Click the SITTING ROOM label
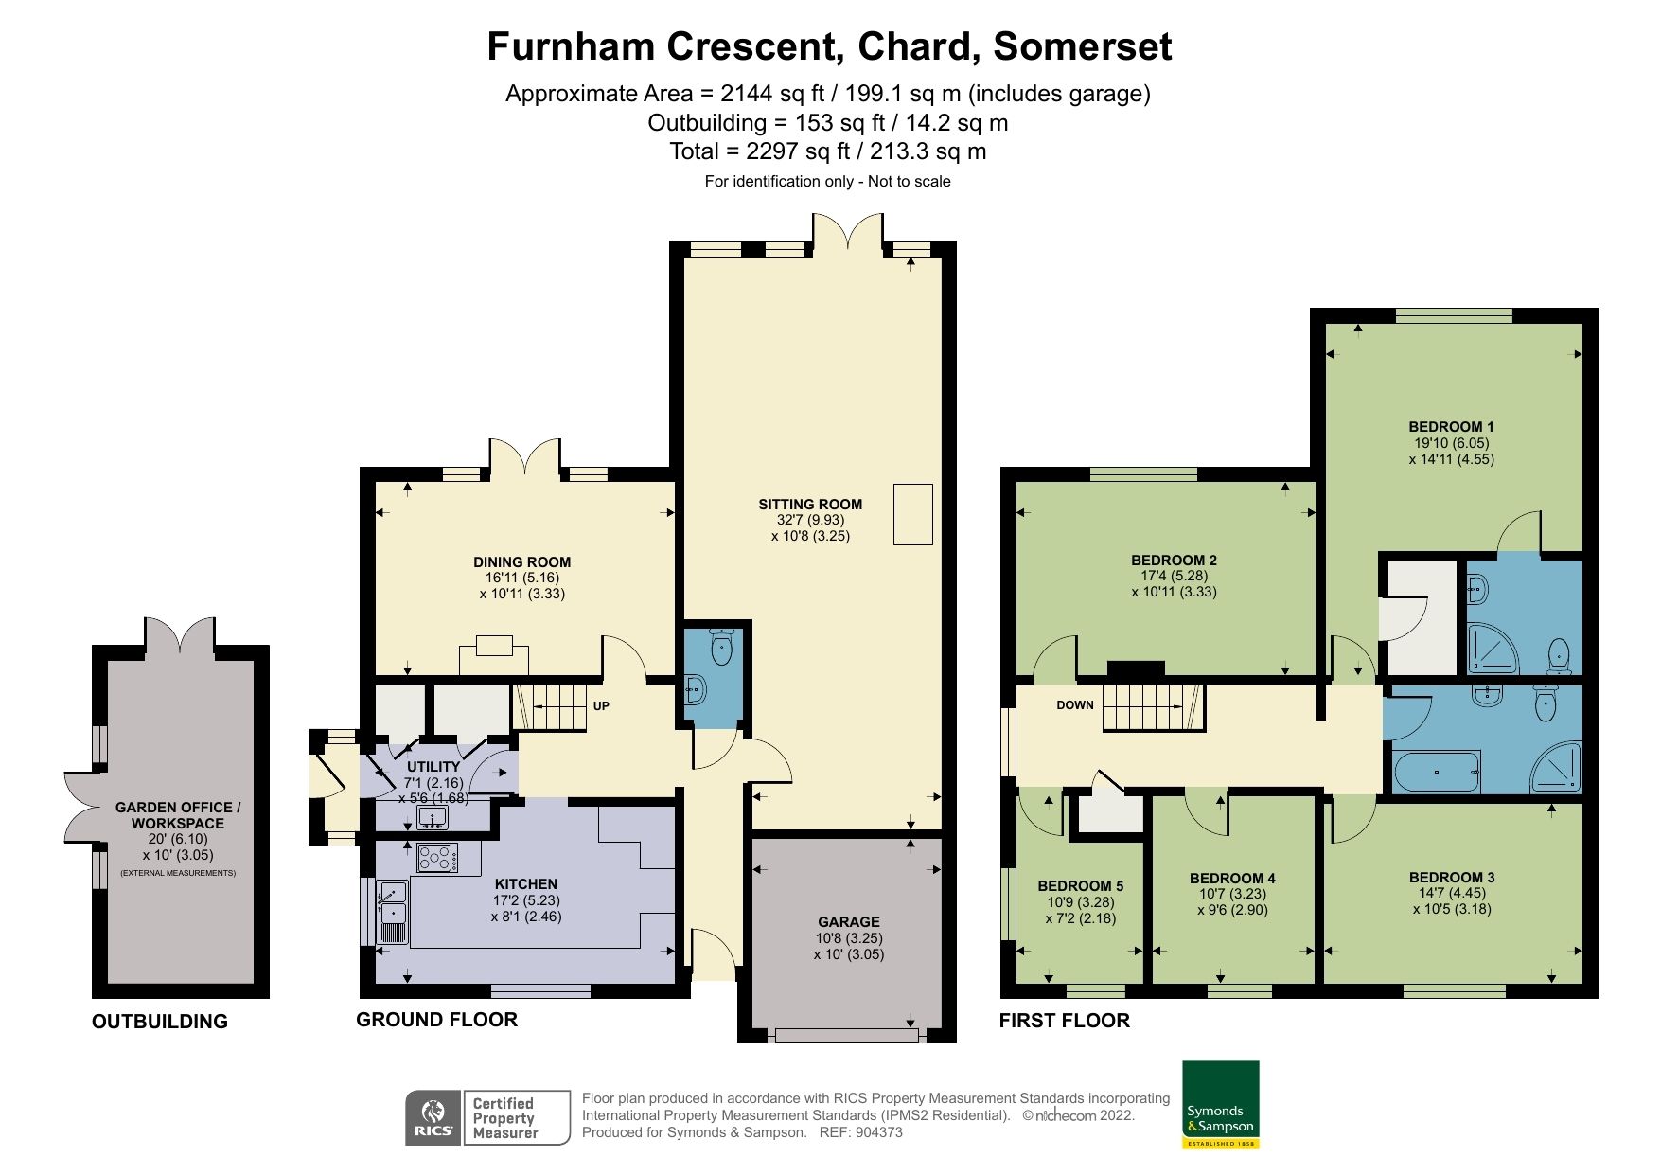(810, 504)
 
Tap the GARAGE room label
(848, 921)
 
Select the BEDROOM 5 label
(1080, 886)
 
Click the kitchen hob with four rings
(436, 858)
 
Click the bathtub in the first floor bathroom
(1436, 772)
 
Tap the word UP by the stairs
(601, 705)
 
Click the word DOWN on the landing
(1074, 704)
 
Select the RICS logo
(433, 1117)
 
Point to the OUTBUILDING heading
(159, 1021)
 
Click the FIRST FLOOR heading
(1064, 1020)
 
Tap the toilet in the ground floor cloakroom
(722, 648)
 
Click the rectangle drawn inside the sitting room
(912, 514)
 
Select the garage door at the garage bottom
(846, 1036)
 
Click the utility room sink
(433, 817)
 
